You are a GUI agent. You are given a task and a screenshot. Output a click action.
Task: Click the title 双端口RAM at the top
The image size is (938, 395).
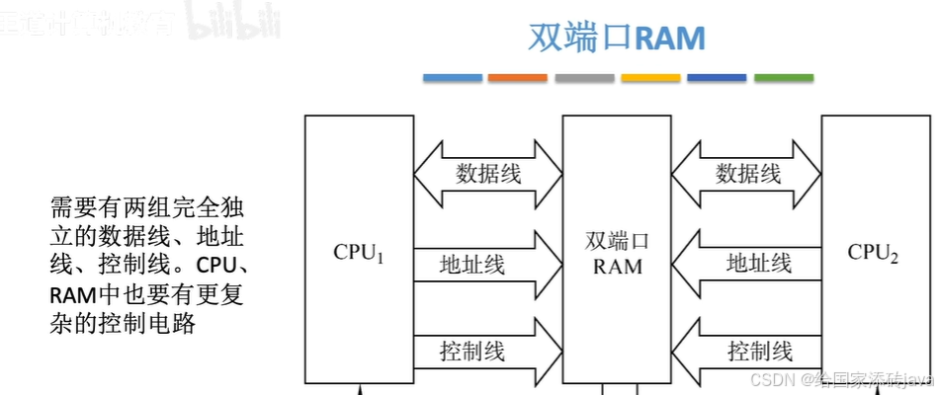tap(617, 39)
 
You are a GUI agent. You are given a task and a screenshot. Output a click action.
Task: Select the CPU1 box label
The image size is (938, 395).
tap(358, 252)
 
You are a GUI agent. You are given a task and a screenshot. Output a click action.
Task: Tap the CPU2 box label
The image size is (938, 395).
tap(873, 253)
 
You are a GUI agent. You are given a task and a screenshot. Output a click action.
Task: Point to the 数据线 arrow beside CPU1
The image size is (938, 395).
tap(487, 175)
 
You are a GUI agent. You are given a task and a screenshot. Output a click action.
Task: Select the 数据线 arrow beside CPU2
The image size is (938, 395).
tap(747, 175)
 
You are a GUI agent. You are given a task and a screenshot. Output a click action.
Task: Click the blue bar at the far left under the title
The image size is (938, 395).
tap(453, 77)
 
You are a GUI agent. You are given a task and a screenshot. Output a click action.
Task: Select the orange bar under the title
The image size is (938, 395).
tap(518, 77)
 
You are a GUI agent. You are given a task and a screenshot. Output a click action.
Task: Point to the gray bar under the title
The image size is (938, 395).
tap(584, 77)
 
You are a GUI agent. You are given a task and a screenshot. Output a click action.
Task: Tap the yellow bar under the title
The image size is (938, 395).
tap(650, 77)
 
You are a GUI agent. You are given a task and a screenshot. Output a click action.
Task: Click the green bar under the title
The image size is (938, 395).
tap(784, 77)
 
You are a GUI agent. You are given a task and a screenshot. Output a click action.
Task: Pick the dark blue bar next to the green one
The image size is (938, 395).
tap(717, 77)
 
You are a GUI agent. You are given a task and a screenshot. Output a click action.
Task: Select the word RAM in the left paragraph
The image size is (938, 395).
tap(69, 294)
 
